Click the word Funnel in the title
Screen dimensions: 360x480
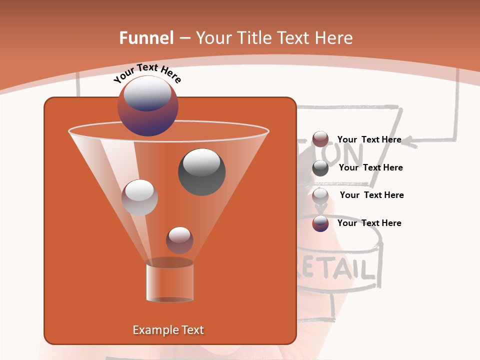tap(146, 38)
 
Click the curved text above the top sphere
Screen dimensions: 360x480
tap(147, 73)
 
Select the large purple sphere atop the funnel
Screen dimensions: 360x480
tap(148, 106)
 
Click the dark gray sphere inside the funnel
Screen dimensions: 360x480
tap(201, 171)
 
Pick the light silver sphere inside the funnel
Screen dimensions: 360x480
tap(139, 197)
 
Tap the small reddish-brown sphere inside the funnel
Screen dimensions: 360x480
tap(179, 240)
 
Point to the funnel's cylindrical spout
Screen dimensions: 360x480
tap(169, 282)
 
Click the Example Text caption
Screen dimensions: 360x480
tap(168, 330)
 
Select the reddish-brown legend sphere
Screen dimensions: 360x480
tap(320, 139)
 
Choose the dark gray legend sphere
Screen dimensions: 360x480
tap(320, 168)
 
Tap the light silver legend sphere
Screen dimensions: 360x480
tap(320, 195)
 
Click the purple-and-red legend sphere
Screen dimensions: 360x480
tap(320, 223)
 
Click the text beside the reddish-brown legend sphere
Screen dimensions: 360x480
tap(369, 139)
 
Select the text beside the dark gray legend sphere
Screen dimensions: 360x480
tap(370, 167)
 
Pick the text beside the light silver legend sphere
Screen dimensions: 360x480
tap(371, 195)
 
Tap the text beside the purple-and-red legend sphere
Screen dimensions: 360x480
tap(369, 223)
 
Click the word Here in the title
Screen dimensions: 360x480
tap(334, 38)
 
